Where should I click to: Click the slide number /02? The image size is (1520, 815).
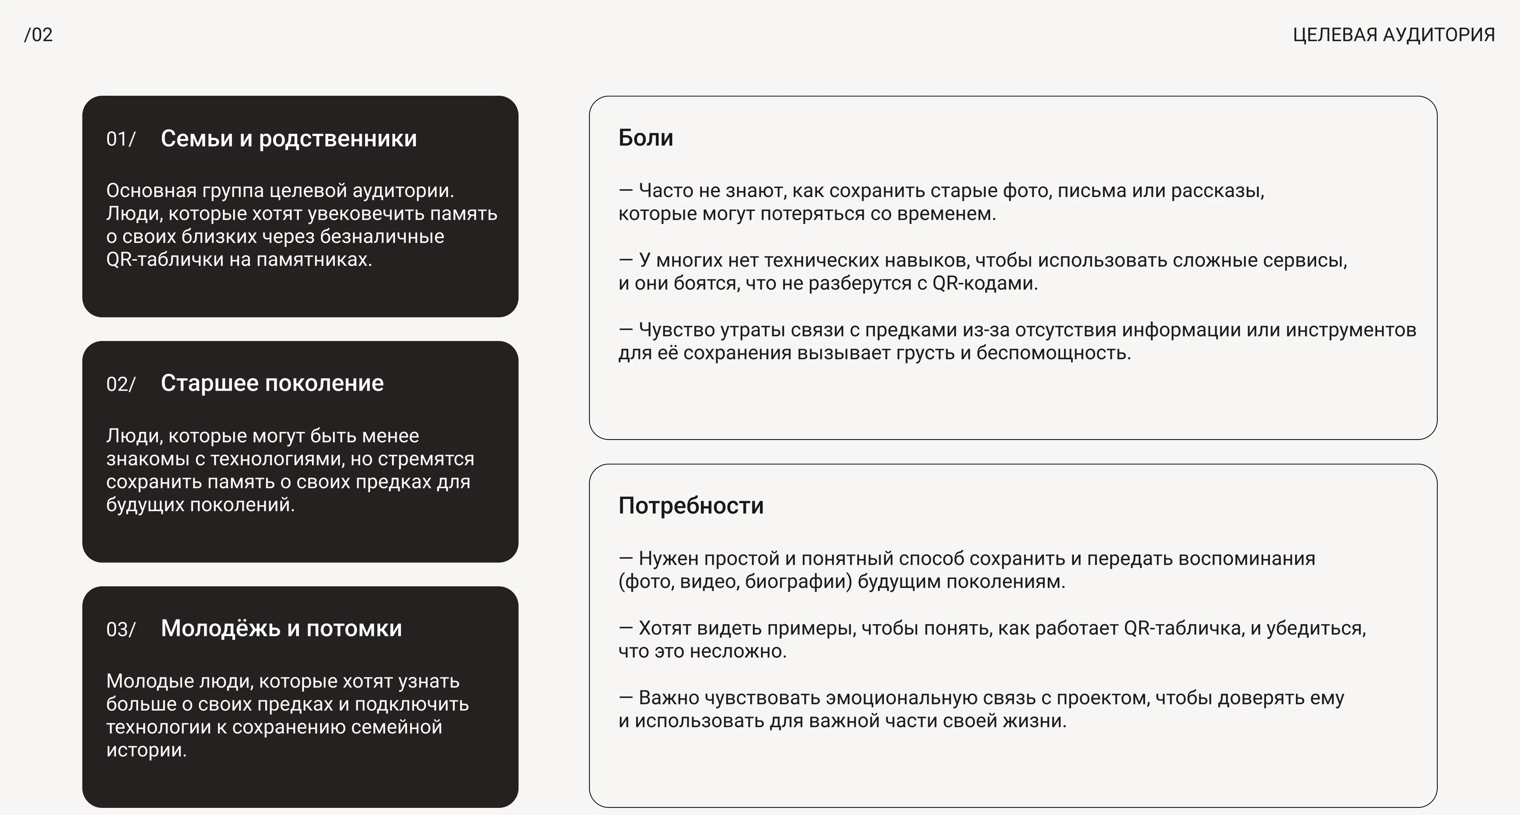pos(38,35)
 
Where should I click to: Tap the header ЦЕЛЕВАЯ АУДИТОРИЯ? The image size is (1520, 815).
pos(1394,35)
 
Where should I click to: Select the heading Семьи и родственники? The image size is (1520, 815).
pos(288,139)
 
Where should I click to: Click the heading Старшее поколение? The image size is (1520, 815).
pos(272,384)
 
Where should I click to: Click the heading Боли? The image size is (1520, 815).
pos(646,138)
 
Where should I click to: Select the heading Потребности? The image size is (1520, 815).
pos(691,506)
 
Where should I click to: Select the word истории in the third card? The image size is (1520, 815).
pos(146,750)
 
